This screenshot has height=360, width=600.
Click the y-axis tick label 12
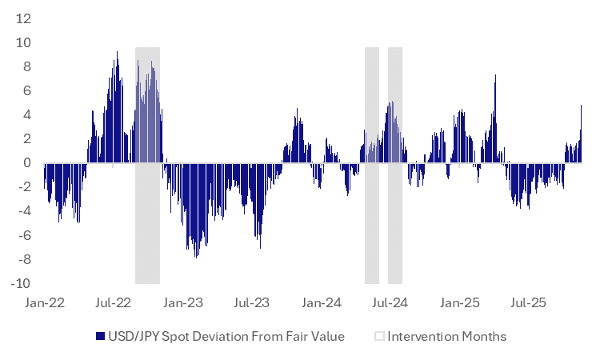(x=25, y=18)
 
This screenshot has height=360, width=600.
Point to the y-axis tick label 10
(x=25, y=42)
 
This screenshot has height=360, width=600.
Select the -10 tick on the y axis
(x=22, y=283)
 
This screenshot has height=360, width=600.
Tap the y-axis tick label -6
(x=25, y=235)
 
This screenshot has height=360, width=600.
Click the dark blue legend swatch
(x=99, y=337)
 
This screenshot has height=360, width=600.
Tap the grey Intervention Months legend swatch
(x=380, y=337)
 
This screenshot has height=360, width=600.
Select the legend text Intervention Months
(x=446, y=337)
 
